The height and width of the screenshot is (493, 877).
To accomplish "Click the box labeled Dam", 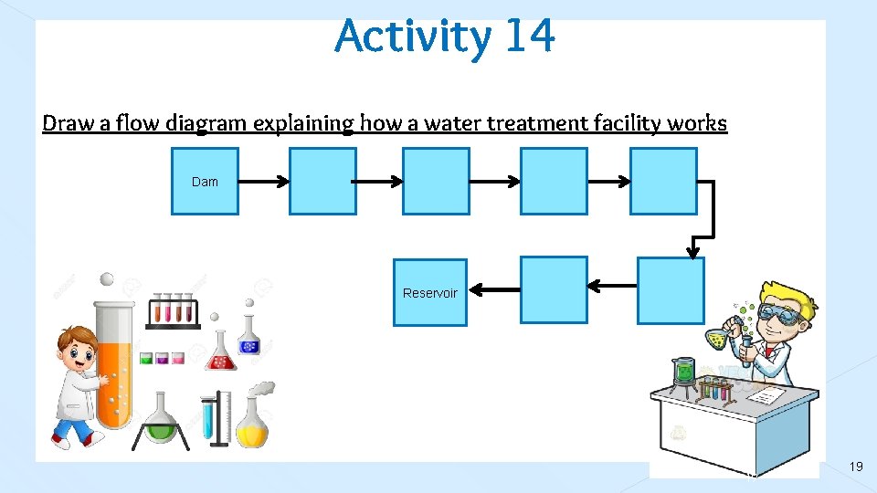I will tap(205, 182).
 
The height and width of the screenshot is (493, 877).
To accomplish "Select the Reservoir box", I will tap(429, 292).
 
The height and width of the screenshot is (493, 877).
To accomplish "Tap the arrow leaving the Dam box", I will tap(263, 182).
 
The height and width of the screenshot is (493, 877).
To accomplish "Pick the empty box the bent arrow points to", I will tap(671, 290).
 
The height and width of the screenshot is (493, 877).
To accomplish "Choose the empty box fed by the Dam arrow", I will tap(322, 182).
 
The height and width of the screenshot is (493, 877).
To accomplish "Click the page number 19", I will tap(856, 467).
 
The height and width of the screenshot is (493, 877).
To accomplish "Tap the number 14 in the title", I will tap(528, 37).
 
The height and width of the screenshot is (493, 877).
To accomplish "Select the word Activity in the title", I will tap(413, 38).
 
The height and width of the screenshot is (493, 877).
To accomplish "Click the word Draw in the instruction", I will tap(63, 123).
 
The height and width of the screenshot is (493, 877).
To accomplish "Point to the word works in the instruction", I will tap(697, 123).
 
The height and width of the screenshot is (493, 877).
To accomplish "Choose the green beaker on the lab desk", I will tap(682, 371).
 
